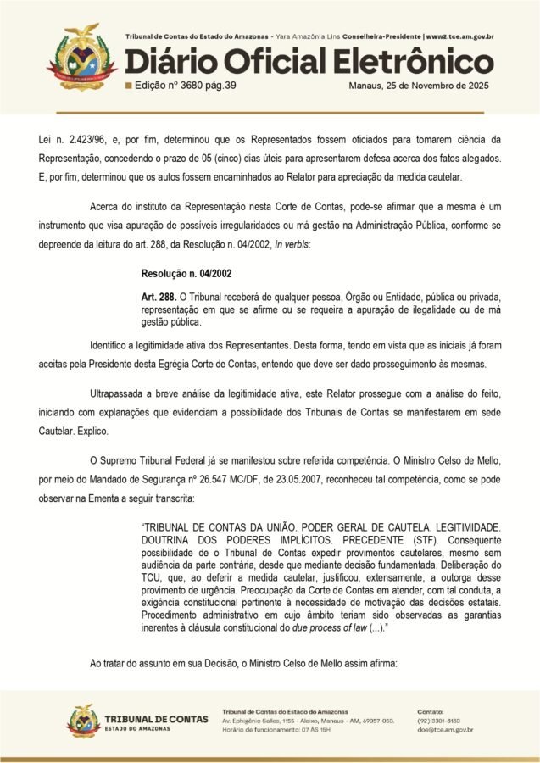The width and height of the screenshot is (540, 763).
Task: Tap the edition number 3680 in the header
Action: [191, 86]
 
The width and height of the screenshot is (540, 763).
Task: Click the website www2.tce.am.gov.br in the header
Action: [461, 37]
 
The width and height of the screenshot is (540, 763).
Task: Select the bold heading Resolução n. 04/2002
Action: [186, 274]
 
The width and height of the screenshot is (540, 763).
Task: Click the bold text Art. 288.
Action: [159, 298]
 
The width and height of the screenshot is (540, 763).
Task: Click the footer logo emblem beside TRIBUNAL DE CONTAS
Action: [83, 721]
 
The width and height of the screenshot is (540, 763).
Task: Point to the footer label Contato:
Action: [432, 710]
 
